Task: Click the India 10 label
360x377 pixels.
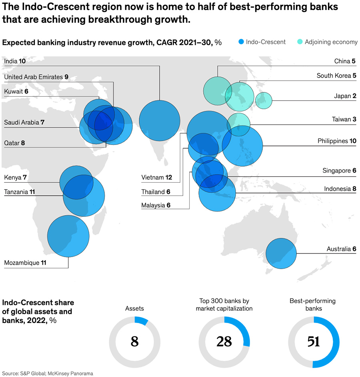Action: pos(15,61)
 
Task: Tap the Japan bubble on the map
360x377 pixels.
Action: pos(264,100)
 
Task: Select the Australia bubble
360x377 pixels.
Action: pos(281,253)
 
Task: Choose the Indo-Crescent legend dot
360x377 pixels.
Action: pos(241,42)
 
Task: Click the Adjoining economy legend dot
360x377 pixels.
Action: pos(299,42)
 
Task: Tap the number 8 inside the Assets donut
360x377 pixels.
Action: pos(135,342)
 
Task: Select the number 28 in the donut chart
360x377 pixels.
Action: pos(224,342)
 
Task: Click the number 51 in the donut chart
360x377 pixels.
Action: pos(314,342)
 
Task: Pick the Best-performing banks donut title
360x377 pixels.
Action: pos(312,304)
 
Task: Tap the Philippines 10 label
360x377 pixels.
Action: pos(336,141)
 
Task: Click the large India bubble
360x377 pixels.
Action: pos(160,120)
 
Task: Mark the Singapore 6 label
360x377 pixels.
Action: pos(339,170)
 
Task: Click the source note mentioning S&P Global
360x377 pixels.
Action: pos(48,373)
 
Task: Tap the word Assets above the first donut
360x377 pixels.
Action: pos(134,308)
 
